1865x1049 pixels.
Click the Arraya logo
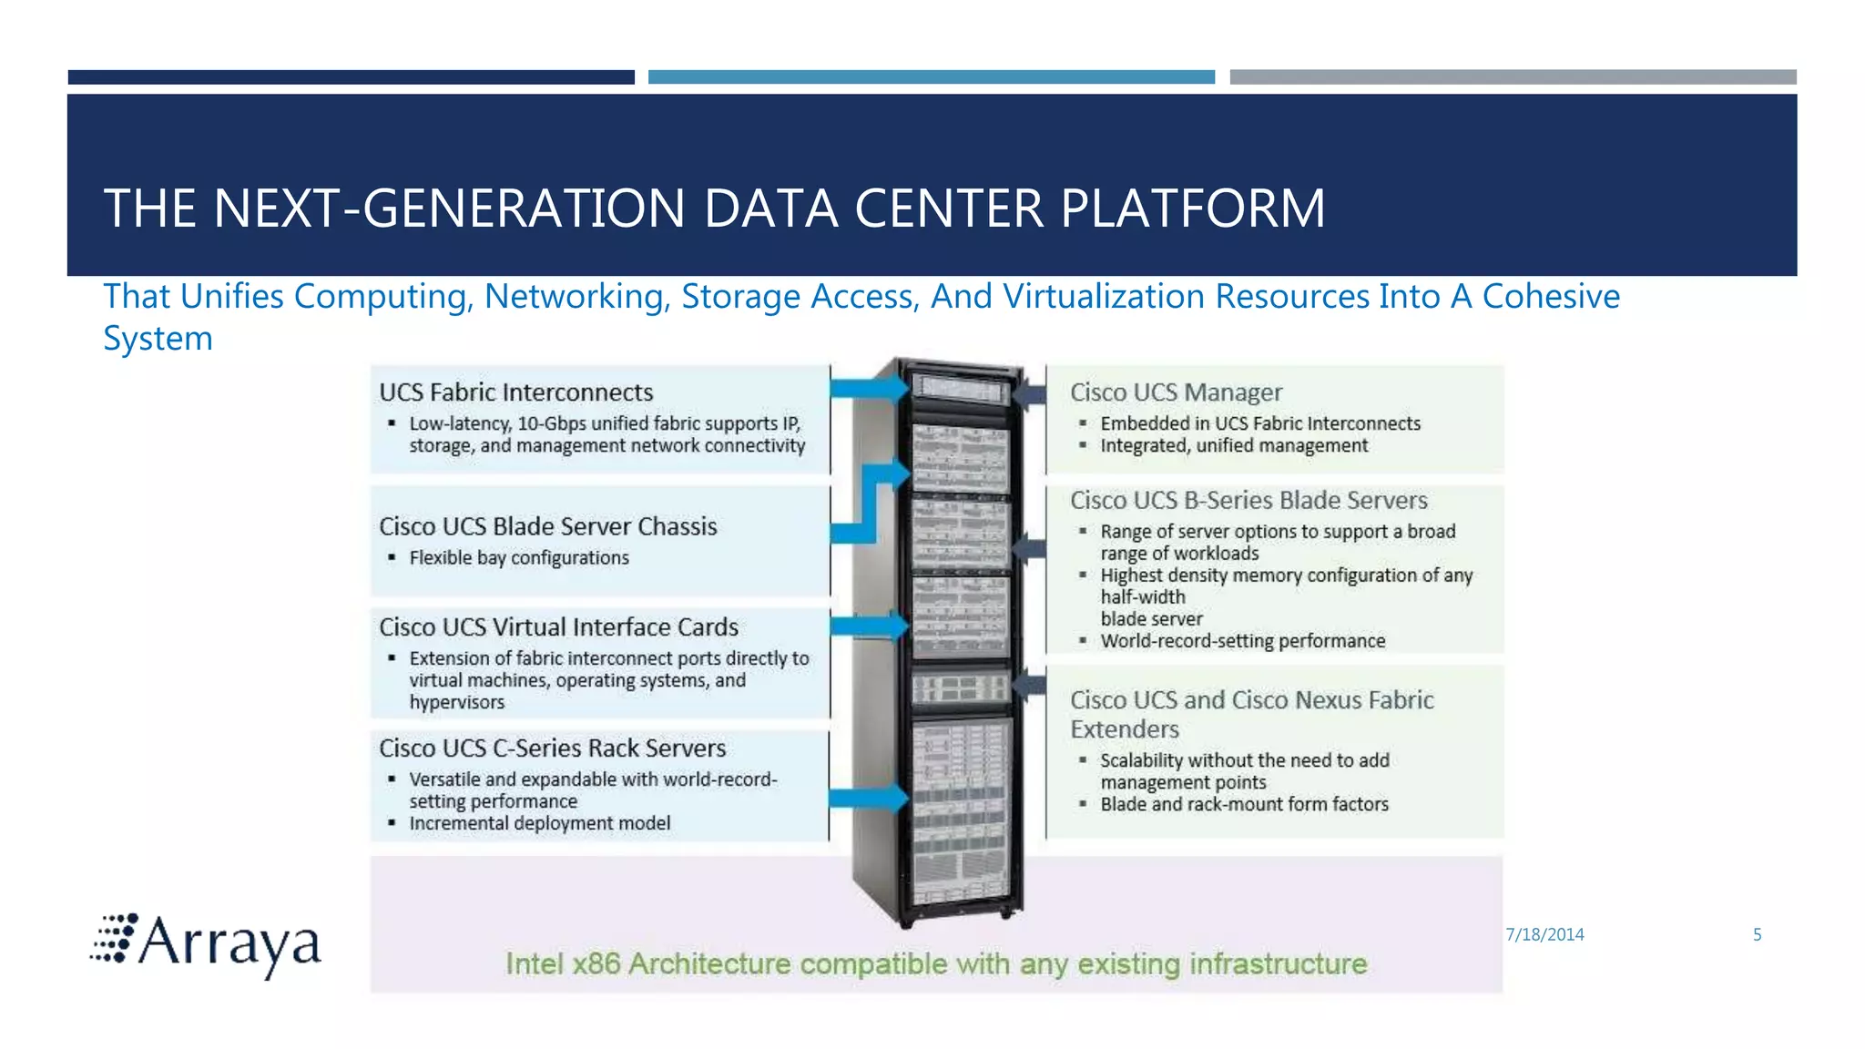pos(207,944)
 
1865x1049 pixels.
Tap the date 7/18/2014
pos(1544,934)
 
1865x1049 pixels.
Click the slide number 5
pos(1757,934)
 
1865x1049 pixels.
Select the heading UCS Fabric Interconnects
pos(515,392)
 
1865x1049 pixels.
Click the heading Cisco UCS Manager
pos(1176,392)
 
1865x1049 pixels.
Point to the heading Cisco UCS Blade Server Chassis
pos(547,526)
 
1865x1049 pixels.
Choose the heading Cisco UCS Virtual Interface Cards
pos(558,627)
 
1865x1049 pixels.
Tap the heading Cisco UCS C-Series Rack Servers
pos(552,749)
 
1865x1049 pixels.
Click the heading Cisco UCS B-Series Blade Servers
pos(1248,501)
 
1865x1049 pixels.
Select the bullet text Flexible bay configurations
pos(518,558)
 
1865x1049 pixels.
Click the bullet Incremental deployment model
pos(539,823)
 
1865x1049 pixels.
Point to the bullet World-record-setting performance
pos(1242,641)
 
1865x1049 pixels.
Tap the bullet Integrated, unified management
pos(1233,445)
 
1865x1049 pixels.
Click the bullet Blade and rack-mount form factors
pos(1244,804)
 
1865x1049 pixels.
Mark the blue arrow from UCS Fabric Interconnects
pos(869,389)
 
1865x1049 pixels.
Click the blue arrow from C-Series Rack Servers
pos(869,799)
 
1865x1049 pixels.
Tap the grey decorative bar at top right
pos(1513,77)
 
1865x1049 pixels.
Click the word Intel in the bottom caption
pos(534,963)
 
